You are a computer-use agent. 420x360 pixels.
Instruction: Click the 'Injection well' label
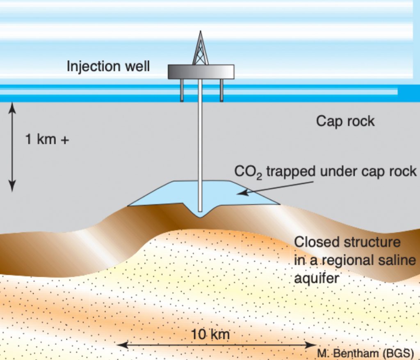tap(108, 66)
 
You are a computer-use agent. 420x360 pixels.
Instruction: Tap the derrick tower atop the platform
tap(200, 49)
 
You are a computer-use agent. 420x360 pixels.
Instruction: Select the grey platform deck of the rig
tap(201, 71)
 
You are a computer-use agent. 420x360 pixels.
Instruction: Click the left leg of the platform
tap(182, 90)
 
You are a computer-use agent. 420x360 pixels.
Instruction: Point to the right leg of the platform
tap(221, 90)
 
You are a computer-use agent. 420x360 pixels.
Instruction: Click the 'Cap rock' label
tap(345, 122)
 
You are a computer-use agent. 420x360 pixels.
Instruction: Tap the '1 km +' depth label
tap(47, 140)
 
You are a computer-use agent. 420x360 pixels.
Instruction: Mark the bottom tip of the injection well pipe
tap(200, 210)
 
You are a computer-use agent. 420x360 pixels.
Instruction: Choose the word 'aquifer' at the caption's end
tap(317, 278)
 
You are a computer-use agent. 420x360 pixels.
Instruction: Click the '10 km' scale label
tap(210, 335)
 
